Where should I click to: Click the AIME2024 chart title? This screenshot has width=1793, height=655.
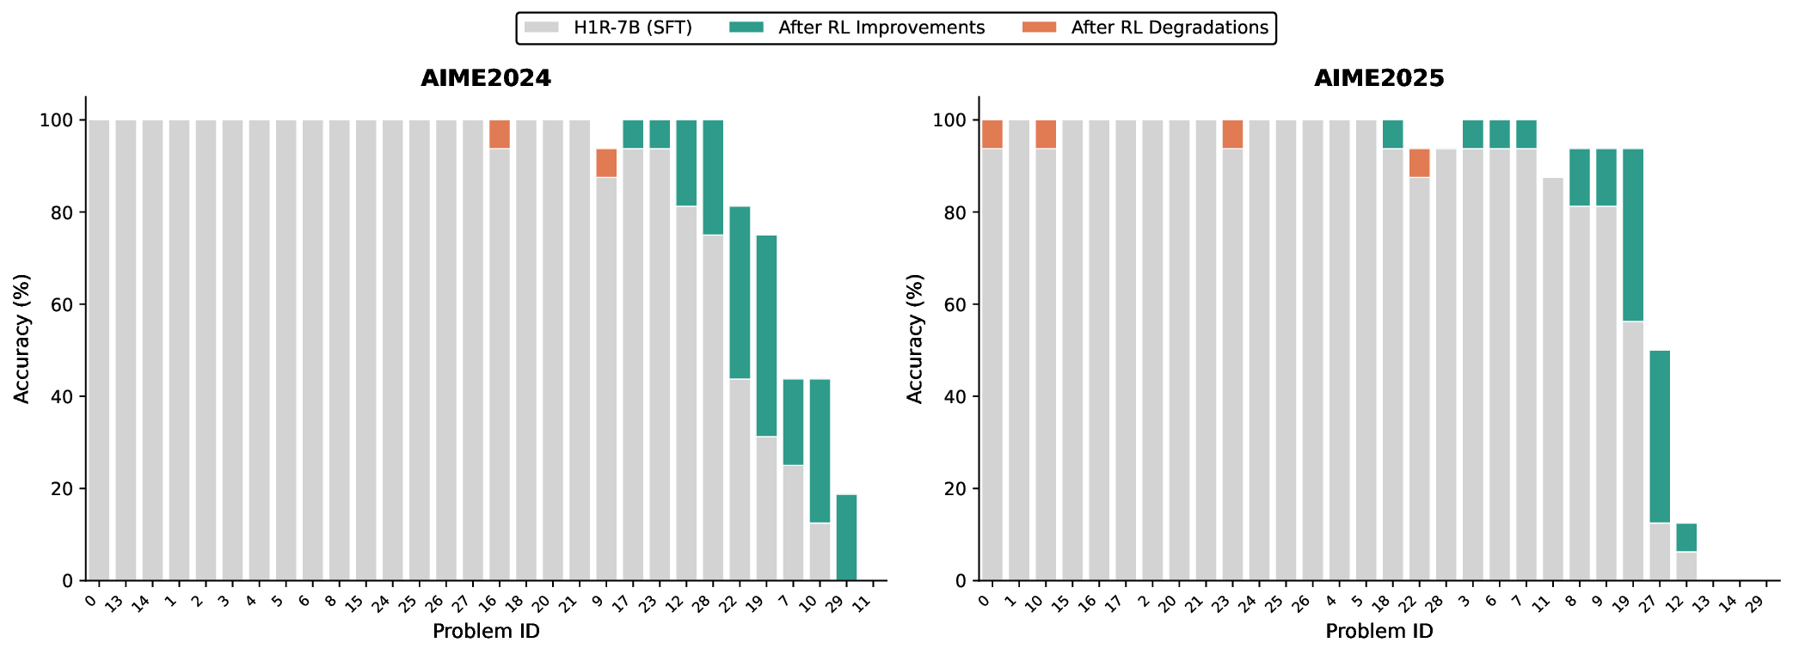[x=486, y=78]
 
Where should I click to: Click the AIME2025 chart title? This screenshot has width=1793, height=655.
[x=1379, y=78]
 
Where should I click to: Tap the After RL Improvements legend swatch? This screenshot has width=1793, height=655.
[x=746, y=28]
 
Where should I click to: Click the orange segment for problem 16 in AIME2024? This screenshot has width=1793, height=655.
[x=500, y=134]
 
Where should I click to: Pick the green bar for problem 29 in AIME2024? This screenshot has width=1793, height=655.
[x=846, y=537]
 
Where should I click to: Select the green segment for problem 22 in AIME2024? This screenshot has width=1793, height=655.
[x=740, y=292]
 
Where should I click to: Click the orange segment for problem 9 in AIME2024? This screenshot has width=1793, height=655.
[x=606, y=163]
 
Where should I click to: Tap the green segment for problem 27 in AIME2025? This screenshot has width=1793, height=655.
[x=1660, y=436]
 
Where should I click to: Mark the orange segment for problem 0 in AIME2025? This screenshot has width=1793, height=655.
[x=992, y=134]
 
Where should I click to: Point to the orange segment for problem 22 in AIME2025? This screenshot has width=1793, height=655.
[x=1420, y=163]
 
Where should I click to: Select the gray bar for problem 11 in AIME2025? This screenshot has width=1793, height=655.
[x=1553, y=378]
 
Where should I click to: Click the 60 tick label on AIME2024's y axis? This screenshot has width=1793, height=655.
[x=61, y=304]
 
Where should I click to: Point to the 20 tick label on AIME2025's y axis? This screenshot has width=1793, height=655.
[x=955, y=488]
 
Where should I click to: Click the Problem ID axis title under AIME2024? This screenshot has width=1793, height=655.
[x=486, y=632]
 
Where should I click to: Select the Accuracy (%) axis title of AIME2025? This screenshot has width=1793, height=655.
[x=915, y=339]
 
